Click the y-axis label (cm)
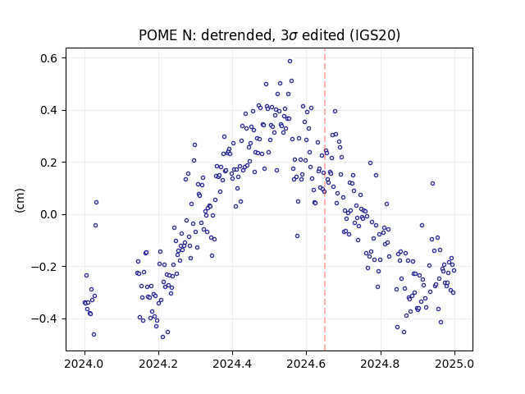[x=20, y=200]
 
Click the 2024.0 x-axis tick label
[x=84, y=364]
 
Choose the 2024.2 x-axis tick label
[x=158, y=364]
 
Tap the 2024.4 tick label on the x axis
[x=232, y=364]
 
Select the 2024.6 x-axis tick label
[x=306, y=364]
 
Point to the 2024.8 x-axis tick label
[x=381, y=364]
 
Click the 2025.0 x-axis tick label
[x=454, y=364]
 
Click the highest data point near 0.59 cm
[x=290, y=61]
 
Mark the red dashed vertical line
[x=325, y=199]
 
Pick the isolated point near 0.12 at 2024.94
[x=432, y=183]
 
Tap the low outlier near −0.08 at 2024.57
[x=297, y=236]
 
